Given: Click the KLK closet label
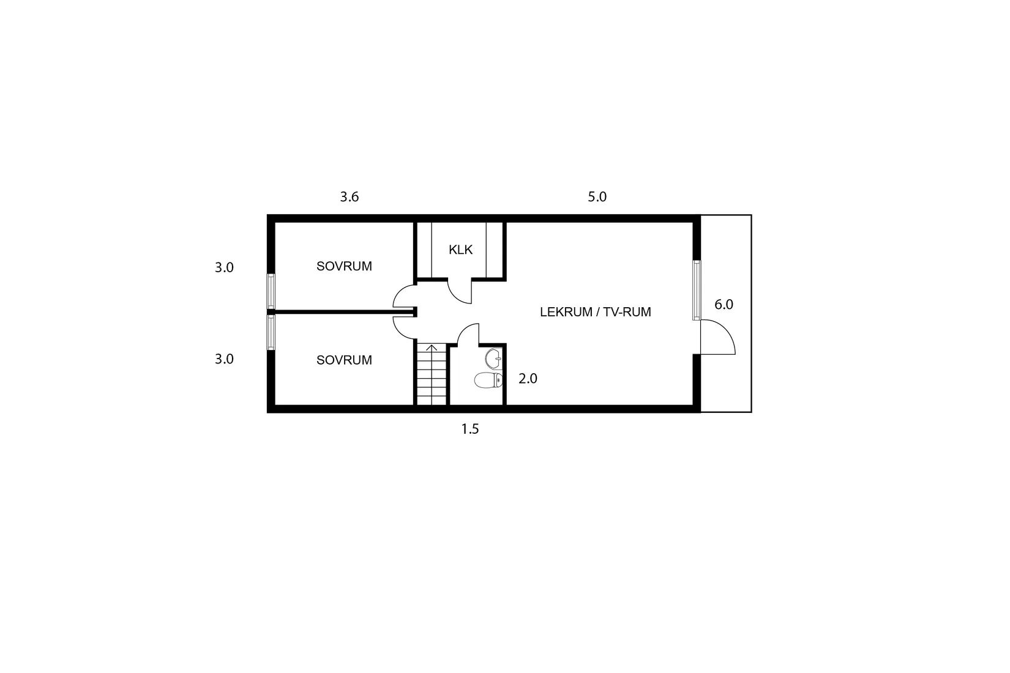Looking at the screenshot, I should (460, 250).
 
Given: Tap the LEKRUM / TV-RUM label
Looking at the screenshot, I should (595, 312).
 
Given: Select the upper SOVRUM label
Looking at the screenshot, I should (344, 266).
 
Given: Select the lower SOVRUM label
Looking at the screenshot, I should (344, 360).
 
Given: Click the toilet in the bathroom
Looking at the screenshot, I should (488, 381).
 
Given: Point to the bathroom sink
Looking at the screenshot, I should (493, 356).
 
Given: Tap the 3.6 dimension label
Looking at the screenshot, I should (349, 197).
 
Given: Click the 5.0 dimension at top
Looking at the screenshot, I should (597, 197).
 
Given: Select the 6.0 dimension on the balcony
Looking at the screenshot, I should (724, 305).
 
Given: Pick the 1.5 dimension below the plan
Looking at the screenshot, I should (469, 429).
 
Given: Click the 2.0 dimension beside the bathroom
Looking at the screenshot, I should (528, 379).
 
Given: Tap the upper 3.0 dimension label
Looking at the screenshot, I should (224, 267).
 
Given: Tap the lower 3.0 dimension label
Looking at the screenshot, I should (224, 359).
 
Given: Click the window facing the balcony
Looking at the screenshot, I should (696, 290).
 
